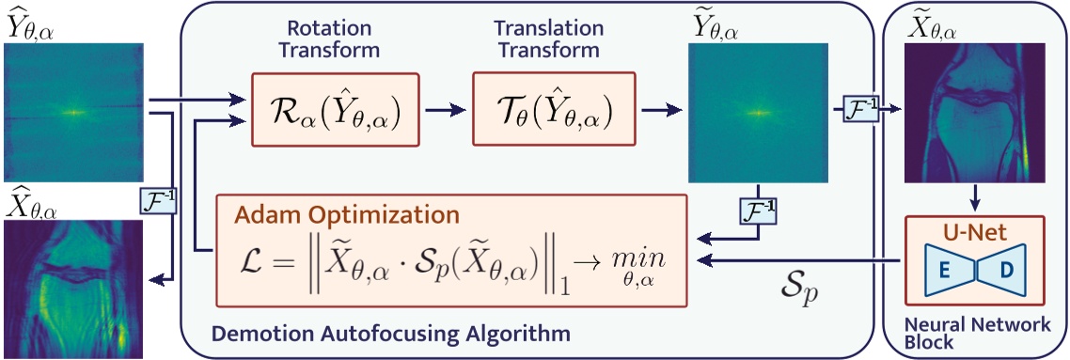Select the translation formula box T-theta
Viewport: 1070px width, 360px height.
click(543, 110)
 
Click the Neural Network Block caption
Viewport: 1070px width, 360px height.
click(976, 333)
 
